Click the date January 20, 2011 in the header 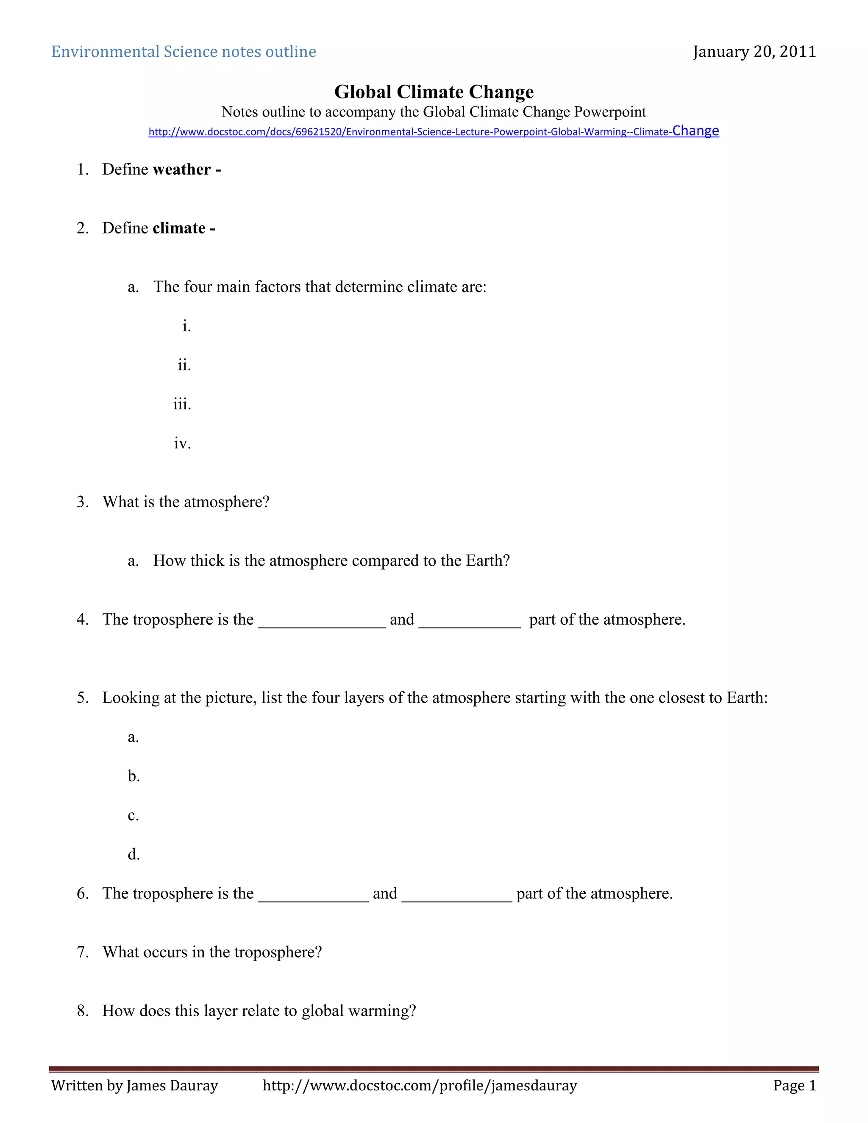(x=754, y=52)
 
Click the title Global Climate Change (x=434, y=92)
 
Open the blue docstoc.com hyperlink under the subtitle (x=434, y=132)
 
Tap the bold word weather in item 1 (x=181, y=170)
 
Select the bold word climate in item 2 (x=179, y=228)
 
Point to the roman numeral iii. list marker (x=182, y=404)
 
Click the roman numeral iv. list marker (x=182, y=443)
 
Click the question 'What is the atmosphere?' (x=186, y=502)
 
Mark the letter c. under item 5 (x=133, y=815)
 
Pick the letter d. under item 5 (x=133, y=855)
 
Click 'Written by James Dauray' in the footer (x=135, y=1085)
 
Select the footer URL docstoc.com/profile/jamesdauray (x=420, y=1085)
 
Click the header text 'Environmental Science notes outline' (x=184, y=52)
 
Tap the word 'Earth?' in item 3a (x=487, y=561)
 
